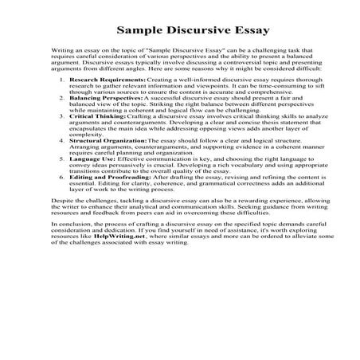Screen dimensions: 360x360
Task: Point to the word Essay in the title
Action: click(x=227, y=31)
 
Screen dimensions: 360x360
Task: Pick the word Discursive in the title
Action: click(x=182, y=31)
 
